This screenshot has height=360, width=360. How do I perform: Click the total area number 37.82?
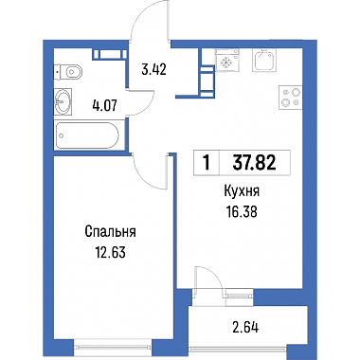tap(254, 163)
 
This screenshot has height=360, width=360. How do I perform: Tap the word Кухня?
tap(242, 191)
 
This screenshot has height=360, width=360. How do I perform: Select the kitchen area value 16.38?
tap(242, 212)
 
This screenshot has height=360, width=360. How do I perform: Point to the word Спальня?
tap(110, 232)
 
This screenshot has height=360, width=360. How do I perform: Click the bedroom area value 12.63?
tap(110, 252)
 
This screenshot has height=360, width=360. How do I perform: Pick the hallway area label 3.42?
tap(153, 69)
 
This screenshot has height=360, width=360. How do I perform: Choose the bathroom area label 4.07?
tap(105, 105)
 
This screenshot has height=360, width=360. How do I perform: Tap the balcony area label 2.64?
tap(245, 327)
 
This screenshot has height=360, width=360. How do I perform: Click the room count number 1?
tap(207, 163)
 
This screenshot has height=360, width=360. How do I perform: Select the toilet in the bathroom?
tap(68, 72)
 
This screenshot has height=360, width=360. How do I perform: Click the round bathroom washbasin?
tap(63, 101)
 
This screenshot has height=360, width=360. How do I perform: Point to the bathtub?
tap(87, 135)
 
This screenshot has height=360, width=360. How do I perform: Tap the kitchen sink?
tap(264, 60)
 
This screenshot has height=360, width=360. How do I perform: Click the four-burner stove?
tap(290, 98)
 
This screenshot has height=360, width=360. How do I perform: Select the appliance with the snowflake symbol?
tap(226, 60)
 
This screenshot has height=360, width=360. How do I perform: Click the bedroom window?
tap(113, 347)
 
